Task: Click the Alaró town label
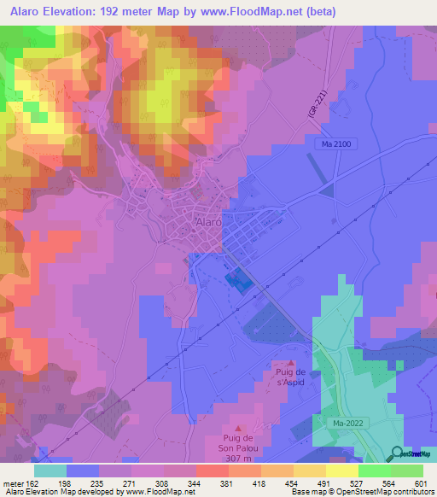pos(209,221)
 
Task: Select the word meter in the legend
pos(13,482)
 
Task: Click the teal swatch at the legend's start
pos(50,471)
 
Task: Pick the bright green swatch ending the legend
pos(406,471)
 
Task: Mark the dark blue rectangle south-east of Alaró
pos(238,281)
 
